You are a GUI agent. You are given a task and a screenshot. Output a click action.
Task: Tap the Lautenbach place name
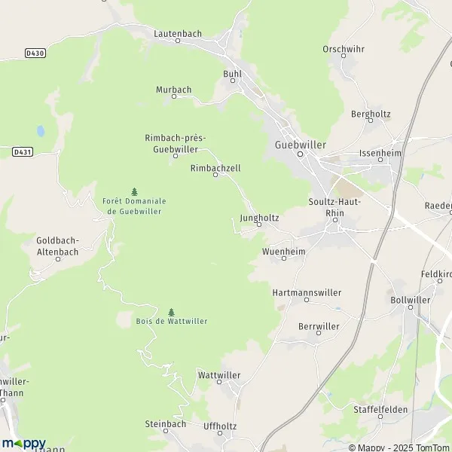pos(178,34)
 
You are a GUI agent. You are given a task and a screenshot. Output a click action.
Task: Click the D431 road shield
pos(22,151)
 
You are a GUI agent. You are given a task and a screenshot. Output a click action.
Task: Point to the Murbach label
pos(173,90)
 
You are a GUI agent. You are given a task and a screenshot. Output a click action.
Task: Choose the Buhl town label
pos(231,74)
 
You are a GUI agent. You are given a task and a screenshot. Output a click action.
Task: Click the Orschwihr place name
pos(343,49)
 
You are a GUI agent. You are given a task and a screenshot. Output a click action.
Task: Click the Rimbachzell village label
pos(215,168)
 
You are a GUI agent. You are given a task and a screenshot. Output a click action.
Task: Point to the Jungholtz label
pos(258,218)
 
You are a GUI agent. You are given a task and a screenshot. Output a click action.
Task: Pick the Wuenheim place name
pos(283,250)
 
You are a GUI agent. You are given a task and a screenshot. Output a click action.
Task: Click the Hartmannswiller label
pos(306,292)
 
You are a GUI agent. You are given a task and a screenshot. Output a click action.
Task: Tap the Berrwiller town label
pos(319,326)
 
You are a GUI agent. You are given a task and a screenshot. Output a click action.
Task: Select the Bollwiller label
pos(411,299)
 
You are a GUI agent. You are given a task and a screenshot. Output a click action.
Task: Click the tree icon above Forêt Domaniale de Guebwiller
pos(135,191)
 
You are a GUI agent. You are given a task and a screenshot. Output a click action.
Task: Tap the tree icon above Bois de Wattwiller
pos(171,312)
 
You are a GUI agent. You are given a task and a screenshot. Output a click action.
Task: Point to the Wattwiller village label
pos(218,374)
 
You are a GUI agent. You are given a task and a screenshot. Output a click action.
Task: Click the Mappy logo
pos(23,444)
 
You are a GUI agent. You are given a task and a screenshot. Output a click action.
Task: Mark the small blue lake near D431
pos(41,130)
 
